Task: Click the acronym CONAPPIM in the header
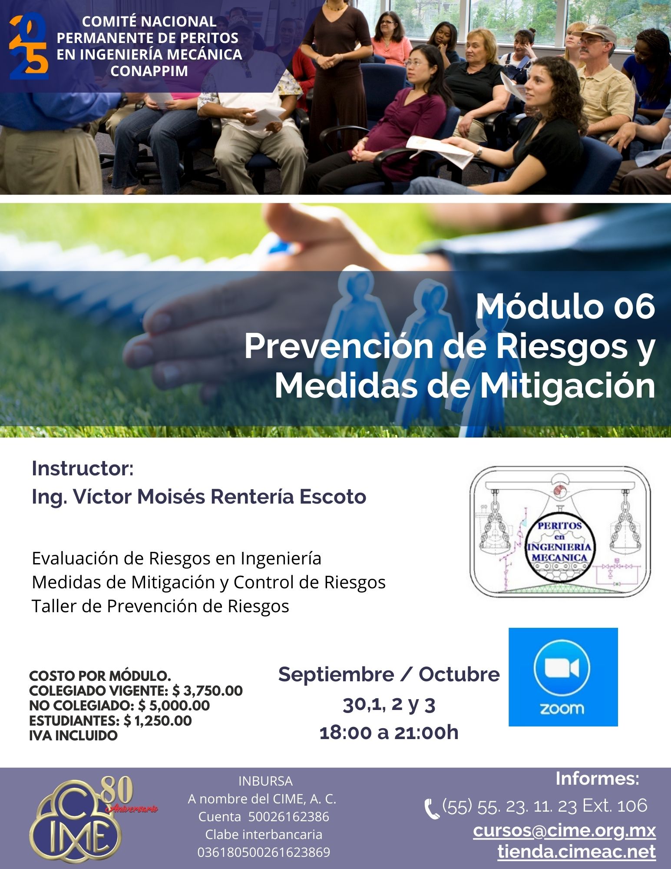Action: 149,71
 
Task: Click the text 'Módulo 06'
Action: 565,307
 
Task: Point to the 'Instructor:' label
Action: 83,468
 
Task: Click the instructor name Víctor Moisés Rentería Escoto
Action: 219,497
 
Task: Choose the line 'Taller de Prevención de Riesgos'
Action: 160,606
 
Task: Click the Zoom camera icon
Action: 562,668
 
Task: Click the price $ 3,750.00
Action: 208,690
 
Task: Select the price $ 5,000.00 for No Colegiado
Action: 174,706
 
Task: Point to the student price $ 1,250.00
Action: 158,721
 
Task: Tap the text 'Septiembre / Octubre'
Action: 389,674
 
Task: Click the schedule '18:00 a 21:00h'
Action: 389,733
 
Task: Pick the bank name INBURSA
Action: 265,781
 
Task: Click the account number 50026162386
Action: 288,817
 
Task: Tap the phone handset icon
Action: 432,809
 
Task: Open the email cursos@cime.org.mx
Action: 564,830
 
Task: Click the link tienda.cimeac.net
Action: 576,851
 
